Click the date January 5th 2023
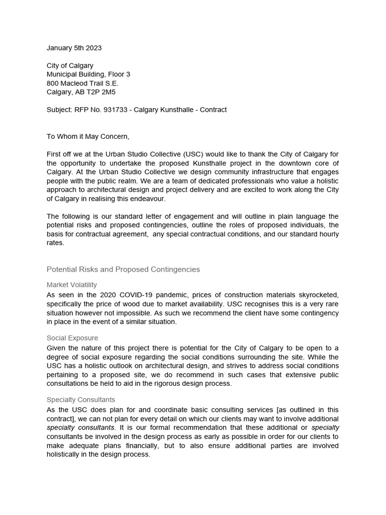point(74,48)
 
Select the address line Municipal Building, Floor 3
point(88,74)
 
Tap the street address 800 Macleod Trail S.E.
point(83,83)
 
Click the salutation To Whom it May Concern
point(88,136)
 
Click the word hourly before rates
point(328,234)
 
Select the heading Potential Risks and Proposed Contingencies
point(123,270)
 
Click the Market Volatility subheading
point(72,285)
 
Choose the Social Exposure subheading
point(72,338)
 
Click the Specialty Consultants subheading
point(81,400)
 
